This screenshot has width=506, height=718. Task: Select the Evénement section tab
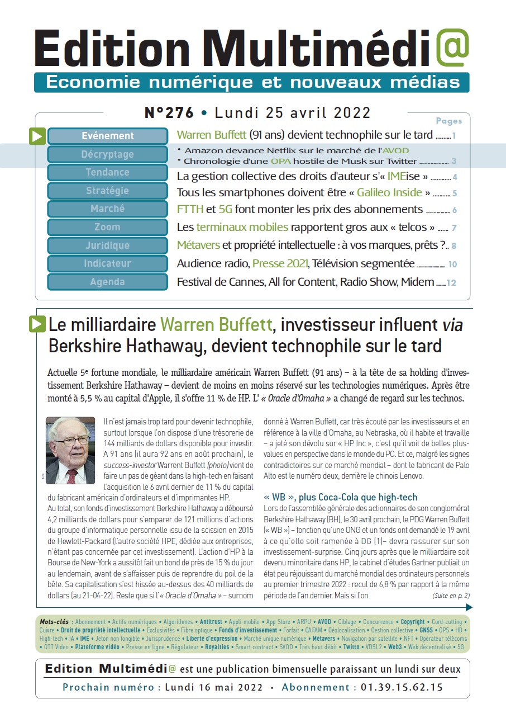(x=108, y=136)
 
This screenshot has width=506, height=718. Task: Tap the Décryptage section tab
(x=108, y=154)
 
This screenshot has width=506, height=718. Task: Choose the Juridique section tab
(x=108, y=245)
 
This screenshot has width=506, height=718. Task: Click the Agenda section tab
(x=108, y=282)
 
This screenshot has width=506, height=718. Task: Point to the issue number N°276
(x=169, y=113)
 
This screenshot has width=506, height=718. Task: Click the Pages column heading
(x=448, y=121)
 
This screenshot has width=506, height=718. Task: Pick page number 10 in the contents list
(x=452, y=264)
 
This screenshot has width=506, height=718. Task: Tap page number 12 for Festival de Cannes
(x=451, y=283)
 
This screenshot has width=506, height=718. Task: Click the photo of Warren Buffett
(x=70, y=450)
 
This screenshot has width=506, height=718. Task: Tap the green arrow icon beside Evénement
(x=37, y=136)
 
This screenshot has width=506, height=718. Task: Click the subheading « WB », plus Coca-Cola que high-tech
(x=340, y=497)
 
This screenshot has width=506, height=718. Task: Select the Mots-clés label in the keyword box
(x=54, y=622)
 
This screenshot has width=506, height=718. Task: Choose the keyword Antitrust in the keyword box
(x=211, y=622)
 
